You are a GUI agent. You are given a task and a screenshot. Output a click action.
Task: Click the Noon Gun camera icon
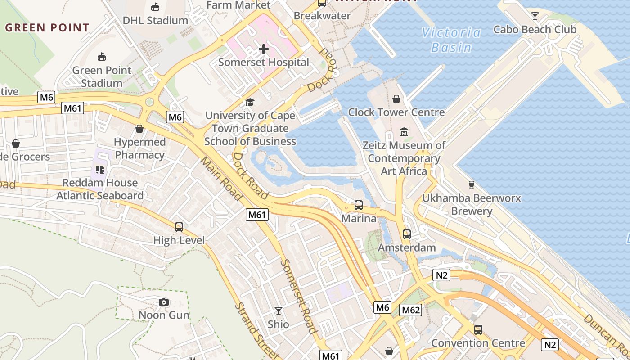(164, 302)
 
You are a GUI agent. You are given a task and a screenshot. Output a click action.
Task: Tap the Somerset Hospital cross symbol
(264, 49)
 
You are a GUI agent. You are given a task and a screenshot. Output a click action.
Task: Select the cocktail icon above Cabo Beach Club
(535, 17)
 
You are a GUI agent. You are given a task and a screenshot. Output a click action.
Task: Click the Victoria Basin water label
(451, 40)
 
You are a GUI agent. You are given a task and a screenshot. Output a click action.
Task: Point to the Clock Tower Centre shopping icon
(396, 99)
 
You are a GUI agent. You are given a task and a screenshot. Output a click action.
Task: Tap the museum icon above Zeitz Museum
(404, 132)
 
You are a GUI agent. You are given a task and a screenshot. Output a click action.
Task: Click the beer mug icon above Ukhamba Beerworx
(471, 184)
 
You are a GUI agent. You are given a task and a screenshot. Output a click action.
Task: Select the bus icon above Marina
(359, 205)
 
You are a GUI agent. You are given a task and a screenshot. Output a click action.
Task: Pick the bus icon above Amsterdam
(407, 234)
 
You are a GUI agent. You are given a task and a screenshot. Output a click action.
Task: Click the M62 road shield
(410, 310)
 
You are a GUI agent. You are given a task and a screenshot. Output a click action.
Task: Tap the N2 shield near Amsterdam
(441, 275)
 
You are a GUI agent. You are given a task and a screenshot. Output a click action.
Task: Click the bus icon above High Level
(179, 227)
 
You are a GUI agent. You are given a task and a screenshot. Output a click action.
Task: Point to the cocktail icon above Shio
(279, 310)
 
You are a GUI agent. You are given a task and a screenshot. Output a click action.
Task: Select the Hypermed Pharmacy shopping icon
(139, 129)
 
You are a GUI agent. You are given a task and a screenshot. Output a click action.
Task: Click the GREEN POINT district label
(47, 27)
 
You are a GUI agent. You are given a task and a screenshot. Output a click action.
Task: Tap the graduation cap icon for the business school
(250, 102)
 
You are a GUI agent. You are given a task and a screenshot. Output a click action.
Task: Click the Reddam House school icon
(100, 170)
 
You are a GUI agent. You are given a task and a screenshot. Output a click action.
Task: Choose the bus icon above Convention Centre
(478, 329)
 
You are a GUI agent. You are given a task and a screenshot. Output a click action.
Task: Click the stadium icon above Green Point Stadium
(102, 57)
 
